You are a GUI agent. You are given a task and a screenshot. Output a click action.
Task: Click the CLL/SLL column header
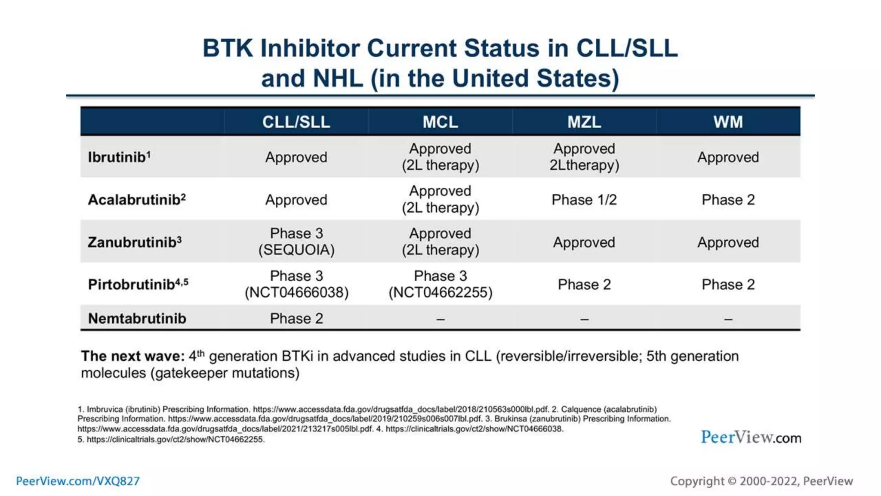[x=296, y=122]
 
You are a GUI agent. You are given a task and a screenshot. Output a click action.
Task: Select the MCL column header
[x=440, y=122]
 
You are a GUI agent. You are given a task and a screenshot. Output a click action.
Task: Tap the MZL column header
[x=584, y=122]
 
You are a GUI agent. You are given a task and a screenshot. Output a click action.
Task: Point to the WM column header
[x=728, y=122]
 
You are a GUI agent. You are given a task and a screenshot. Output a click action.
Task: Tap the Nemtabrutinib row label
[x=137, y=319]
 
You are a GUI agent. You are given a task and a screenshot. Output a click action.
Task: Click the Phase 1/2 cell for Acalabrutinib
[x=584, y=200]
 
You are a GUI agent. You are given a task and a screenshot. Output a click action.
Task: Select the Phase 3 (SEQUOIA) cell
[x=296, y=242]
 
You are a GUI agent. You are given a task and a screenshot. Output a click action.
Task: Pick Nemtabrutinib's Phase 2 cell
[x=296, y=319]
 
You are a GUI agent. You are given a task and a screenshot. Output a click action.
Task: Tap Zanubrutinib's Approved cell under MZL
[x=584, y=242]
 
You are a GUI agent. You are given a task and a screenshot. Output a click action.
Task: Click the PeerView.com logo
[x=751, y=437]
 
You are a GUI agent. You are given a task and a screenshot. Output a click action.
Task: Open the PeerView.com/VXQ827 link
[x=78, y=481]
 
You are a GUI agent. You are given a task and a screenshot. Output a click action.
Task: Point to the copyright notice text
[x=761, y=481]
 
